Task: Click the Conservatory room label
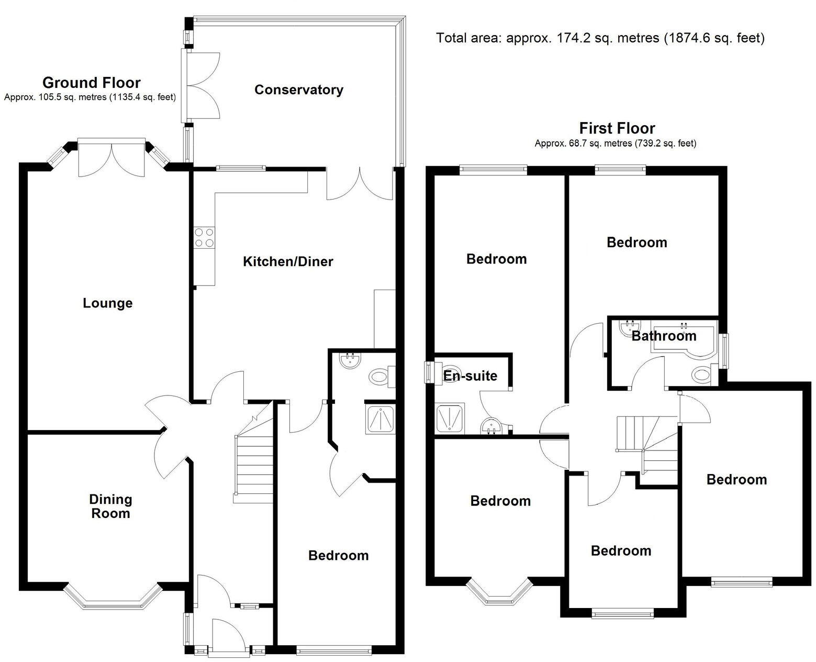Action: pyautogui.click(x=298, y=90)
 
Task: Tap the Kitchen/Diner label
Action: pyautogui.click(x=288, y=261)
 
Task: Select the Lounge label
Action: pyautogui.click(x=108, y=303)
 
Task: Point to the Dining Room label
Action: pyautogui.click(x=110, y=506)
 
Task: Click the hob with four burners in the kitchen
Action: pyautogui.click(x=204, y=237)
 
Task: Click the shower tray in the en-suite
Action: pyautogui.click(x=449, y=418)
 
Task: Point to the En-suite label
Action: pyautogui.click(x=470, y=376)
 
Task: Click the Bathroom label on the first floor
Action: pyautogui.click(x=664, y=336)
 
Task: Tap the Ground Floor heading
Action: pyautogui.click(x=91, y=83)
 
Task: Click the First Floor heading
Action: pyautogui.click(x=617, y=128)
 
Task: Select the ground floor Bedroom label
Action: pyautogui.click(x=338, y=555)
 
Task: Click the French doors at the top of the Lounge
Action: pyautogui.click(x=111, y=157)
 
